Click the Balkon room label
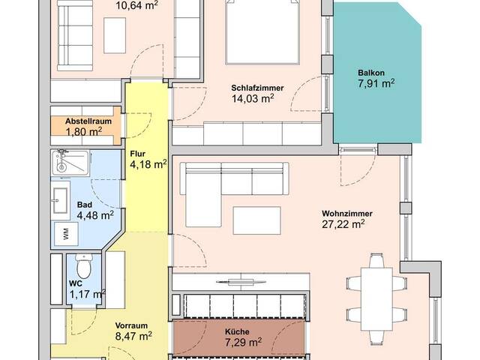pyautogui.click(x=371, y=73)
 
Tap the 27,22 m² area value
pyautogui.click(x=343, y=223)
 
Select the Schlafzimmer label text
pyautogui.click(x=257, y=88)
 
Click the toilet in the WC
pyautogui.click(x=83, y=266)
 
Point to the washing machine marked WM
pyautogui.click(x=66, y=234)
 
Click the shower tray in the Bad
pyautogui.click(x=70, y=163)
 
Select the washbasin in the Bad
pyautogui.click(x=60, y=200)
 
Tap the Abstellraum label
pyautogui.click(x=88, y=121)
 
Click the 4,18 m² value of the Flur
pyautogui.click(x=148, y=164)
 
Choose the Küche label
pyautogui.click(x=237, y=331)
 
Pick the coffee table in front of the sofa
pyautogui.click(x=256, y=220)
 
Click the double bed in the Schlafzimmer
pyautogui.click(x=262, y=32)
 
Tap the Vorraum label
pyautogui.click(x=131, y=325)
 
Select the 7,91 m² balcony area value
pyautogui.click(x=376, y=83)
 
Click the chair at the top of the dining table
pyautogui.click(x=376, y=260)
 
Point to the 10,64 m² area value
pyautogui.click(x=137, y=5)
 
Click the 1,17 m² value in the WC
pyautogui.click(x=88, y=294)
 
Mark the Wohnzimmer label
pyautogui.click(x=347, y=213)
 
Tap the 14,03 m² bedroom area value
pyautogui.click(x=253, y=98)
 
